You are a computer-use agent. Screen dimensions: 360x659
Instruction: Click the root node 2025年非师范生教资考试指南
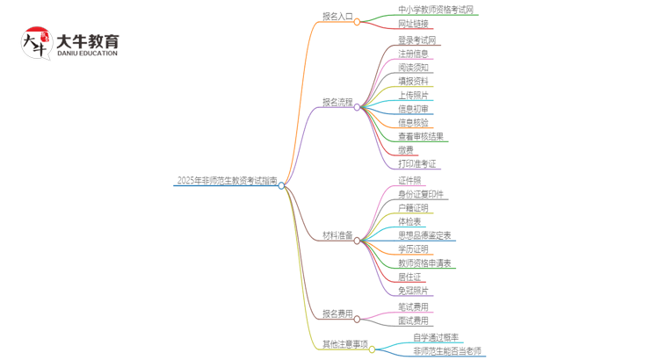(x=227, y=181)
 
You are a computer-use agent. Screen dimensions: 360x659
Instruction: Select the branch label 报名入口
(x=337, y=17)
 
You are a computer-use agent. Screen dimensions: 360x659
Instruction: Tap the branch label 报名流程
(x=337, y=102)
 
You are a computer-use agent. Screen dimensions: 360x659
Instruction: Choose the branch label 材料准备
(x=337, y=236)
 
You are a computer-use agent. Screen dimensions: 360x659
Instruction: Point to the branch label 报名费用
(x=337, y=313)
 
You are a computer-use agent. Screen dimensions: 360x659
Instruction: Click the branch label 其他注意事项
(x=344, y=344)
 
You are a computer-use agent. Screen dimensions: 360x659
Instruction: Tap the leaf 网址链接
(x=413, y=24)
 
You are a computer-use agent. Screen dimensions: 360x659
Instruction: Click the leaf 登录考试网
(x=417, y=40)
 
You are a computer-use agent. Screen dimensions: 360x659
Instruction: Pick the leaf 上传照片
(x=413, y=95)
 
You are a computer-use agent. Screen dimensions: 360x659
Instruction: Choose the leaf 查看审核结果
(x=421, y=136)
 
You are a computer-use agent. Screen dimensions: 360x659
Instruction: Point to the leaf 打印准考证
(x=417, y=163)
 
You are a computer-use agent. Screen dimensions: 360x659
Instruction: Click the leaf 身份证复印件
(x=421, y=194)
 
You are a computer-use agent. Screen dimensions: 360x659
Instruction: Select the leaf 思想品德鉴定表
(x=424, y=235)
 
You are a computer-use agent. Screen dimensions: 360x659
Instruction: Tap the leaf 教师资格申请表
(x=424, y=263)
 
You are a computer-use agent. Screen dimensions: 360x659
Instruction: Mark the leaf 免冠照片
(x=413, y=291)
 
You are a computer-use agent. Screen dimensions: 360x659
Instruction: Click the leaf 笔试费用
(x=413, y=307)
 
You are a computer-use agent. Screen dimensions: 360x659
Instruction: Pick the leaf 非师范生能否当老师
(x=447, y=351)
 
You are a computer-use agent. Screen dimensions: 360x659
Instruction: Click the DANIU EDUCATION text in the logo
(x=86, y=54)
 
